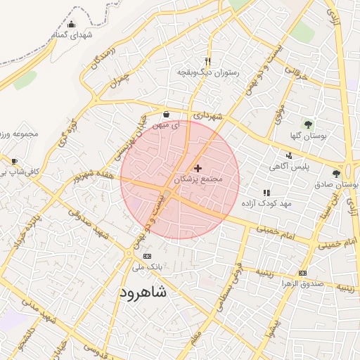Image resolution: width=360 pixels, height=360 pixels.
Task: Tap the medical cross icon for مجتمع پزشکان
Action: (197, 169)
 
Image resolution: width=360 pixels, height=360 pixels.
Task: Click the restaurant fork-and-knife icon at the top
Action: (207, 61)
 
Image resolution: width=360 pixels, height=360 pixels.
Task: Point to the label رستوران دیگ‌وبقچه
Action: (207, 72)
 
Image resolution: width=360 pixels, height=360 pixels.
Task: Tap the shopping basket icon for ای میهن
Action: (166, 114)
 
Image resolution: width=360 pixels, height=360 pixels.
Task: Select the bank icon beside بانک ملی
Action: (146, 257)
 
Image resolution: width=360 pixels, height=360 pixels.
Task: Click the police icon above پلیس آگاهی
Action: (289, 155)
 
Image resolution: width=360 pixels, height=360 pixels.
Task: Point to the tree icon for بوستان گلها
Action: (309, 124)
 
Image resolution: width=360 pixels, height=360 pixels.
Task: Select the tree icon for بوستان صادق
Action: (336, 173)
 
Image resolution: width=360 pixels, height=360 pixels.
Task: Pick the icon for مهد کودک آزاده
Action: (266, 192)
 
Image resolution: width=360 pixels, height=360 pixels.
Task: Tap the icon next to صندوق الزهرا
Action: (302, 273)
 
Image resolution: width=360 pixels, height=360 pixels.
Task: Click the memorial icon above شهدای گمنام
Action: (70, 25)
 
